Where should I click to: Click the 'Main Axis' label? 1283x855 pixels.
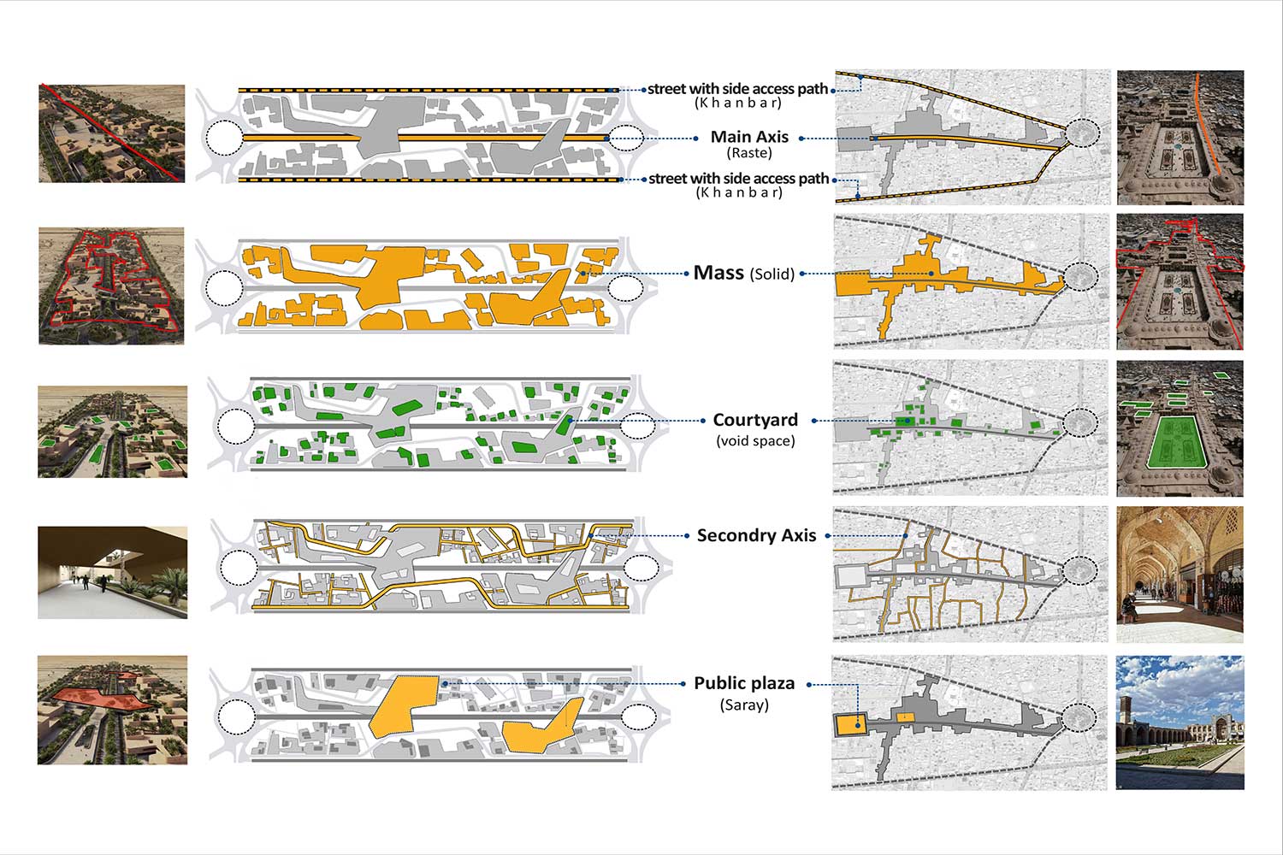(749, 137)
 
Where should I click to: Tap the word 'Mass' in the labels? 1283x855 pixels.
(718, 273)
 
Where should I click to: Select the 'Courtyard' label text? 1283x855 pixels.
(755, 420)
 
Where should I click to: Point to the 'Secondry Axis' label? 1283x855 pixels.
(756, 535)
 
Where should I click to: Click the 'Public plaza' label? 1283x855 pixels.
(744, 683)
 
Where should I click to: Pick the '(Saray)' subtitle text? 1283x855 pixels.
(744, 705)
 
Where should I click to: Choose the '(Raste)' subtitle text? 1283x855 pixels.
(749, 153)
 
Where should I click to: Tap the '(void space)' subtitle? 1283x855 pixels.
(755, 441)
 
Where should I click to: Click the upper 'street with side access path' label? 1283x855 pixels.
(738, 88)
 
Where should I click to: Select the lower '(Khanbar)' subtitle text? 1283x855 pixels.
(739, 193)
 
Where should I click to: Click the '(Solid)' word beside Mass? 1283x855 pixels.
(772, 274)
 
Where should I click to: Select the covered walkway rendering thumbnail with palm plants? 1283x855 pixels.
(112, 572)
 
